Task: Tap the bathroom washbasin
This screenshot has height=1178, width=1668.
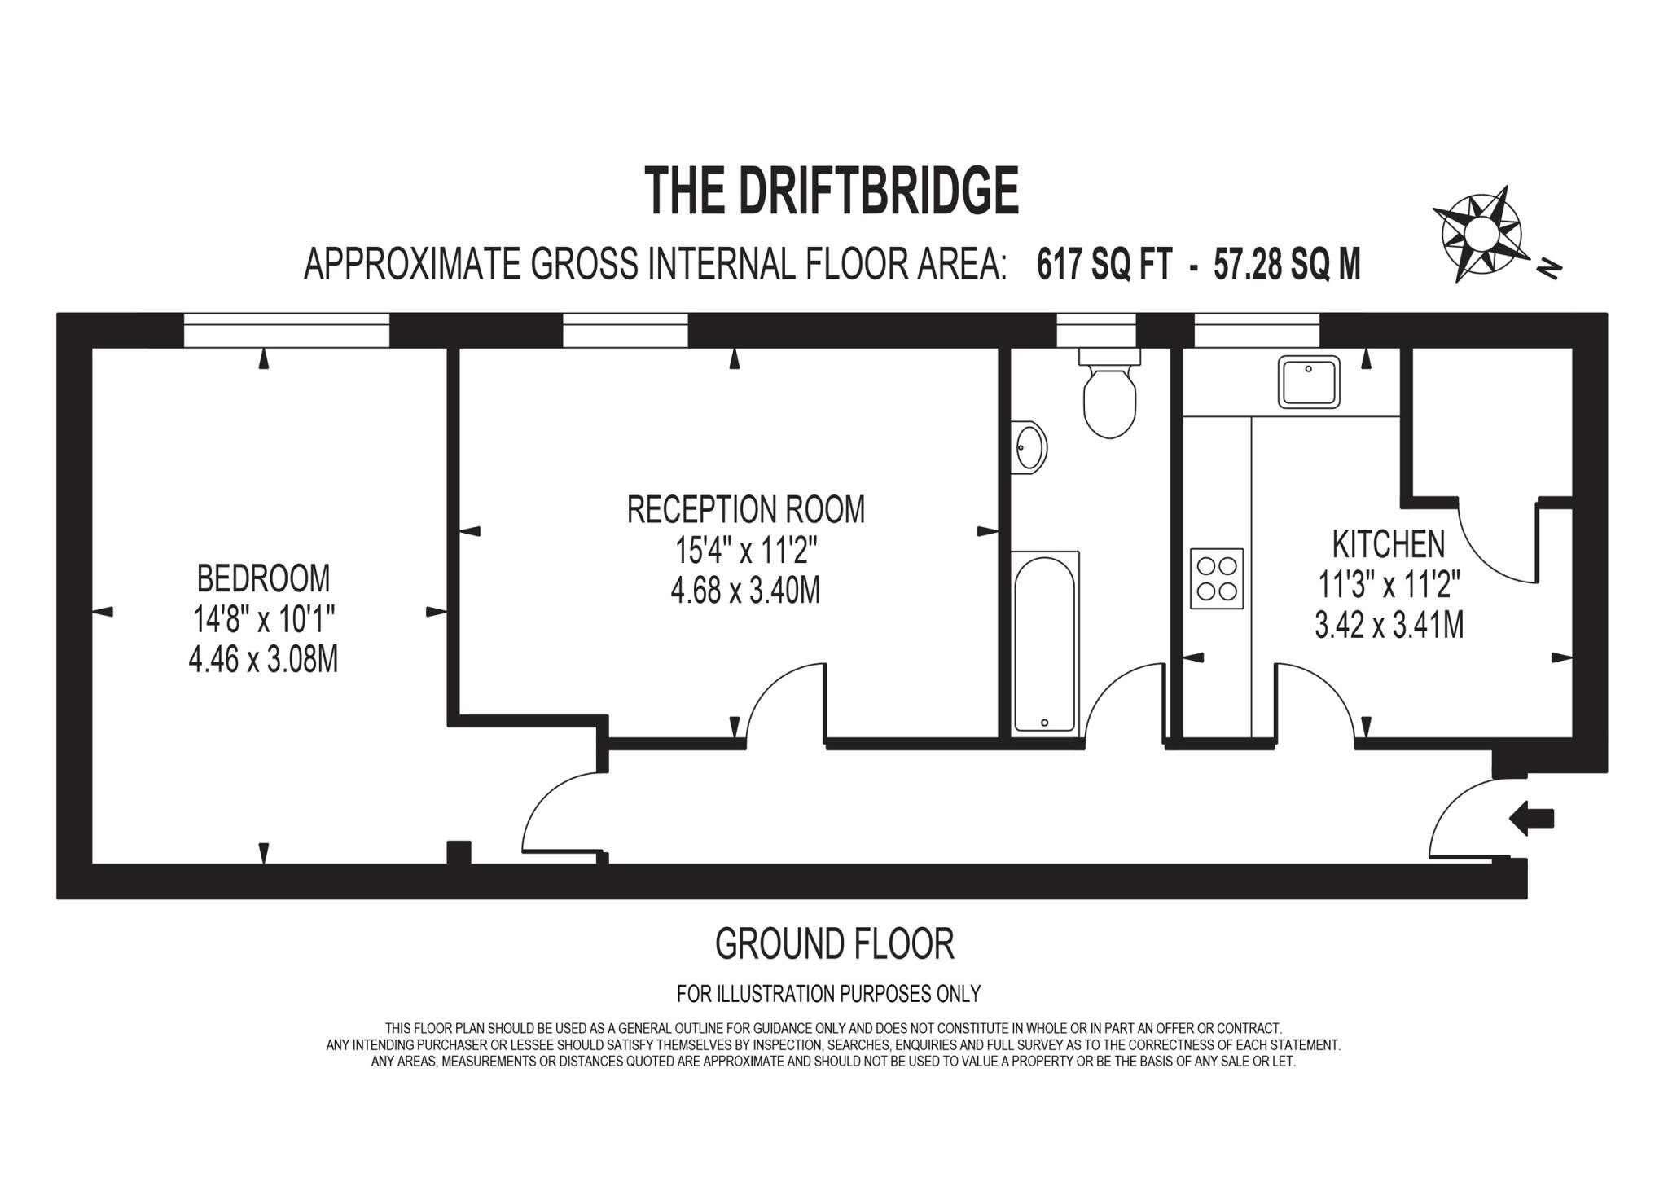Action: (1029, 447)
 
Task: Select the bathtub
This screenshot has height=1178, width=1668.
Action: (1045, 642)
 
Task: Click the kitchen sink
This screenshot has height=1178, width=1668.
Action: (1309, 381)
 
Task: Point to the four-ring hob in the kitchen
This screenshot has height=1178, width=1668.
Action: (1217, 578)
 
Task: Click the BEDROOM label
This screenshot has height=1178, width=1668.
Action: (263, 578)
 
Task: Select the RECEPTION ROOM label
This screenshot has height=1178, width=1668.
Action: (745, 510)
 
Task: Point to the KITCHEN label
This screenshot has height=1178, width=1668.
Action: (1389, 544)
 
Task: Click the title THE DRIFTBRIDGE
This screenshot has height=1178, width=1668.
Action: (831, 190)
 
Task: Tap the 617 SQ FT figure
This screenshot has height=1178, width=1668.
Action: (1104, 265)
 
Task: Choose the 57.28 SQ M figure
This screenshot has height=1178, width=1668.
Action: (1287, 265)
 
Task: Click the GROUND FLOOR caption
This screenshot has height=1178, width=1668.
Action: (834, 944)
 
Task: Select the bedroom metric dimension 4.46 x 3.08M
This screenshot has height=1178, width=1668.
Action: (263, 659)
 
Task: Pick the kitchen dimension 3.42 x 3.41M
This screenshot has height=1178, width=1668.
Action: (1389, 625)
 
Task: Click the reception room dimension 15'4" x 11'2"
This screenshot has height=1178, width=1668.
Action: (745, 552)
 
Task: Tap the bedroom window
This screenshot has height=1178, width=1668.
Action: (287, 330)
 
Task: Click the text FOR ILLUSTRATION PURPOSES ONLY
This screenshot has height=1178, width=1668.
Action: (828, 994)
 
